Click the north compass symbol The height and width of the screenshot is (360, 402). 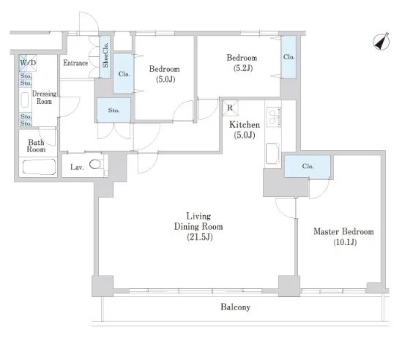pos(381,42)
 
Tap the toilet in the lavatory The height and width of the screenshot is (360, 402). pos(97,164)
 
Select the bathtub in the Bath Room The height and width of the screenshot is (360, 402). pos(39,167)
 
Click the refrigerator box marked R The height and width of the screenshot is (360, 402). pos(230,108)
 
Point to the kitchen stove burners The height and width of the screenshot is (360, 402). pos(274,116)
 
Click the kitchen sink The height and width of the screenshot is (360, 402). pos(273,154)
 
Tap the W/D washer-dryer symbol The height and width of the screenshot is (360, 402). pos(28,63)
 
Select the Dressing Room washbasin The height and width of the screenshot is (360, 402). pos(25,100)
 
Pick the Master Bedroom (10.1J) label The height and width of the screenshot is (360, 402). pos(344,236)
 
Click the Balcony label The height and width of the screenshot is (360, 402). pos(235,307)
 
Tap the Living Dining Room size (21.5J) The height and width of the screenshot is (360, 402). pos(200,237)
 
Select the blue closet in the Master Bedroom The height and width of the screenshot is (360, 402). pos(308,166)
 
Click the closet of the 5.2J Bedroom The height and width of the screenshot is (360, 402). pos(289,57)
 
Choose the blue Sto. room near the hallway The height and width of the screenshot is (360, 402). pos(113,110)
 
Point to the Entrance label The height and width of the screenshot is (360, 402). pos(75,63)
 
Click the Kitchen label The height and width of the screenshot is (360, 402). pos(245,125)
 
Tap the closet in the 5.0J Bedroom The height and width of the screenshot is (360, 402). pos(124,73)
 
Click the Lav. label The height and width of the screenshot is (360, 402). pos(77,168)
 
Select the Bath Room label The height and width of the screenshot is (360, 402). pos(36,146)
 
